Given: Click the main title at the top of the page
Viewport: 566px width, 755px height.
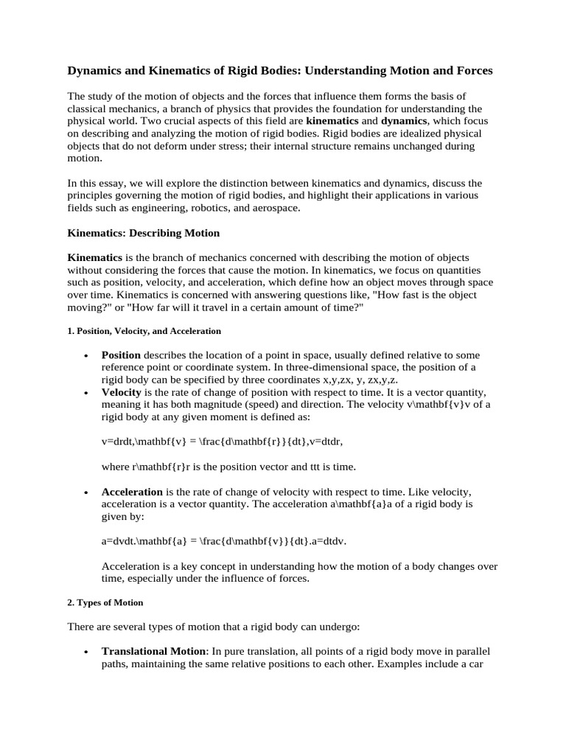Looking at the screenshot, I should [x=280, y=71].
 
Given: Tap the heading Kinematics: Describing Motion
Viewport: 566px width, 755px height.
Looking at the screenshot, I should [x=144, y=233].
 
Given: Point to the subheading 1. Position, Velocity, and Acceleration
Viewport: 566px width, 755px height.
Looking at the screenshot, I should [x=144, y=331].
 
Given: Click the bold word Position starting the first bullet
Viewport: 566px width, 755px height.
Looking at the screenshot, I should [x=121, y=355].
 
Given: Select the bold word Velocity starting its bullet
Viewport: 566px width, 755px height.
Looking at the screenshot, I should [x=121, y=392].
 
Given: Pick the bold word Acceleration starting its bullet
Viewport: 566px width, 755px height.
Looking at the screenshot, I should [x=132, y=492].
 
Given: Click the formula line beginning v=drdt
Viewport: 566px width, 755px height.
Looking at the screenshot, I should [x=222, y=442].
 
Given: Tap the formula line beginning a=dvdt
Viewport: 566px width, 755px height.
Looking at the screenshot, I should [x=223, y=541].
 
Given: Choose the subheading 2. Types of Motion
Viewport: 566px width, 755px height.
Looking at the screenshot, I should [x=105, y=602].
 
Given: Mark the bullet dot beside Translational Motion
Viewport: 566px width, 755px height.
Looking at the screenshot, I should [x=87, y=653].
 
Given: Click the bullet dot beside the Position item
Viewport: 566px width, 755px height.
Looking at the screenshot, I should [x=87, y=355].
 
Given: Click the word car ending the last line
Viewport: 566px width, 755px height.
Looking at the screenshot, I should [x=482, y=664].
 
